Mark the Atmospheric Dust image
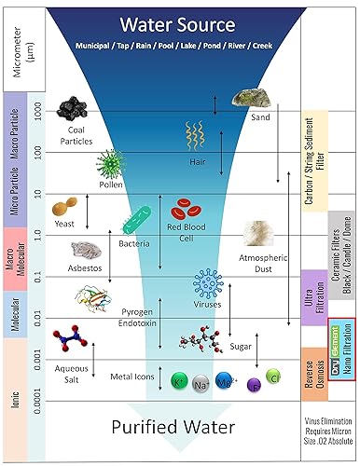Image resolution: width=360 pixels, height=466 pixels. pyautogui.click(x=256, y=233)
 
